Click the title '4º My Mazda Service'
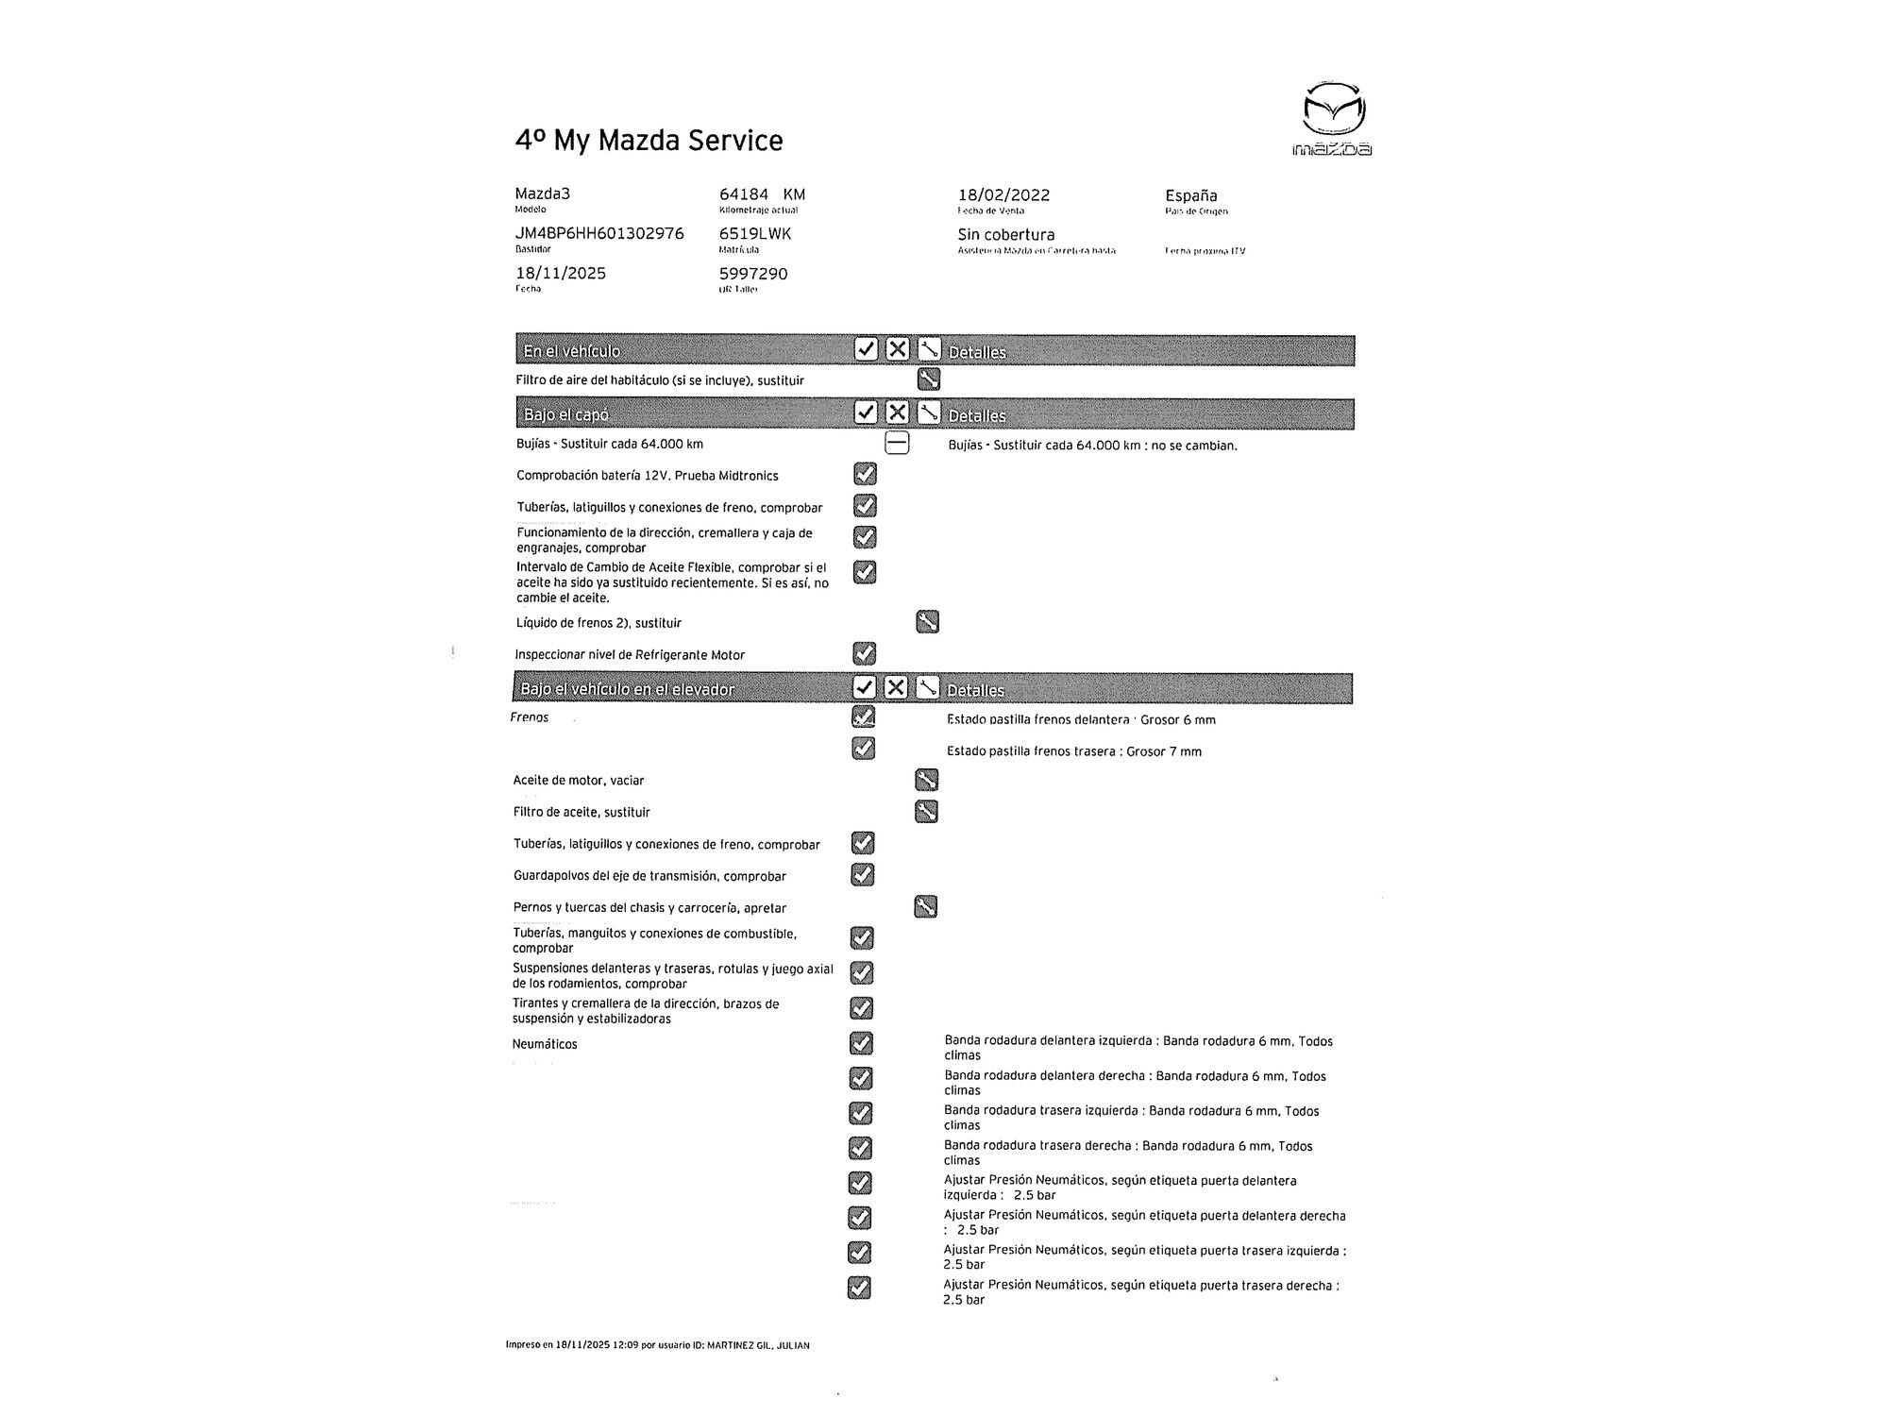649,141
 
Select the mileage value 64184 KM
762,194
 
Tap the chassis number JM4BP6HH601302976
599,233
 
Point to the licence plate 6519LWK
755,233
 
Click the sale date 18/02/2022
1003,195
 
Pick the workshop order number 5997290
753,274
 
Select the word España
1190,195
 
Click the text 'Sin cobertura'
1006,235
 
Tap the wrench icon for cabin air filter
928,379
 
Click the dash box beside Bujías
897,443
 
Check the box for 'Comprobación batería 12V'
865,474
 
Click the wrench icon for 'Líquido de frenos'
927,622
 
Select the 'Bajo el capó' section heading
565,414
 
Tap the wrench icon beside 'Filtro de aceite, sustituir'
926,811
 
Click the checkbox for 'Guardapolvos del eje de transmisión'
862,875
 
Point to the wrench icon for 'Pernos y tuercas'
925,907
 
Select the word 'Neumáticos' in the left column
545,1044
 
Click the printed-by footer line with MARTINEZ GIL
657,1345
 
